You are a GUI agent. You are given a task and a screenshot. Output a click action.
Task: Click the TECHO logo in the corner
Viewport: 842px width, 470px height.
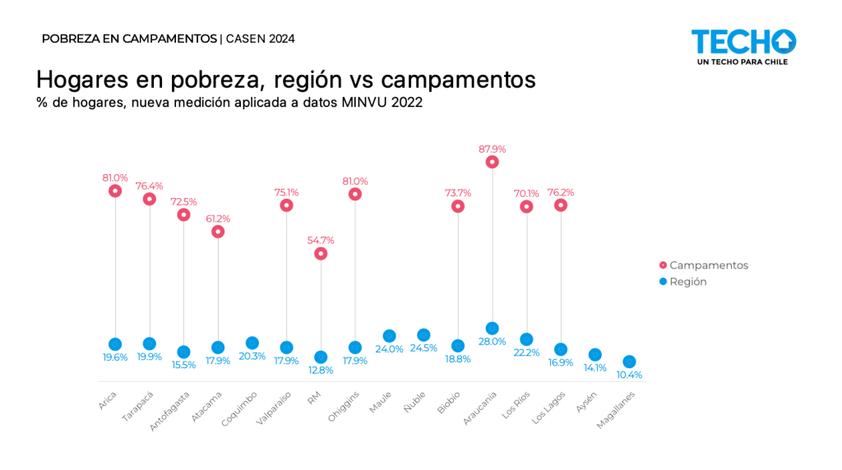click(743, 47)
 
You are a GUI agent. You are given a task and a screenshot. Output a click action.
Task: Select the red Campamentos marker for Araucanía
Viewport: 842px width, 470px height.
click(492, 162)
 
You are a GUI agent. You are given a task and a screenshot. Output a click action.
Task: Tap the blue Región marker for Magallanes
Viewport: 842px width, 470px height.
click(629, 362)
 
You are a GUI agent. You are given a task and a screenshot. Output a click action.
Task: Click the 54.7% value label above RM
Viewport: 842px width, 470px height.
click(321, 240)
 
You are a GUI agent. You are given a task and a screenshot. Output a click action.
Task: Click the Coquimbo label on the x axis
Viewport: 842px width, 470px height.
click(240, 408)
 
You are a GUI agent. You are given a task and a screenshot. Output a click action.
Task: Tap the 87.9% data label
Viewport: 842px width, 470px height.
click(492, 149)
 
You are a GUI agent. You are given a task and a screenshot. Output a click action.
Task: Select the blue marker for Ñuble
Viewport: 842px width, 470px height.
click(423, 334)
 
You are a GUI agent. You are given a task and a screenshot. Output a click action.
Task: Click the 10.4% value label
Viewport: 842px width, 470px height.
click(629, 375)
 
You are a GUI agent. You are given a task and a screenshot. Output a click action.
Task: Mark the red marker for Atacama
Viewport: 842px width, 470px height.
click(218, 232)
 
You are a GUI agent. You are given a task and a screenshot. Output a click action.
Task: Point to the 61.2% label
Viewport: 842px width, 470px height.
click(218, 219)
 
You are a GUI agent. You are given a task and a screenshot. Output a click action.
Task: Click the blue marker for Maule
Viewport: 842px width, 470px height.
click(389, 336)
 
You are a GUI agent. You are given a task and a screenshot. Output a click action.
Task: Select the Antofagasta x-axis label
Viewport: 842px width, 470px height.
click(171, 411)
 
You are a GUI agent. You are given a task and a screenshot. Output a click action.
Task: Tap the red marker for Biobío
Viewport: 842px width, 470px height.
click(458, 206)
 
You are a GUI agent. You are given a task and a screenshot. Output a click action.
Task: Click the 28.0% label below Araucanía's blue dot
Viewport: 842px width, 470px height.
click(493, 342)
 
